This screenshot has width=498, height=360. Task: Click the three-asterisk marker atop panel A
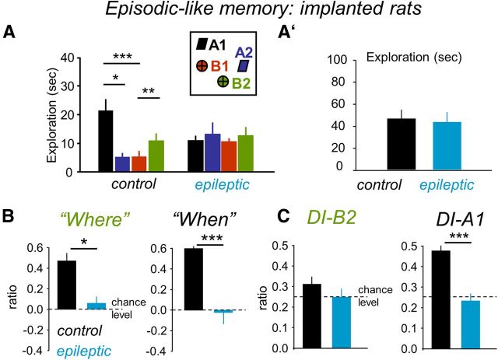pos(121,56)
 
